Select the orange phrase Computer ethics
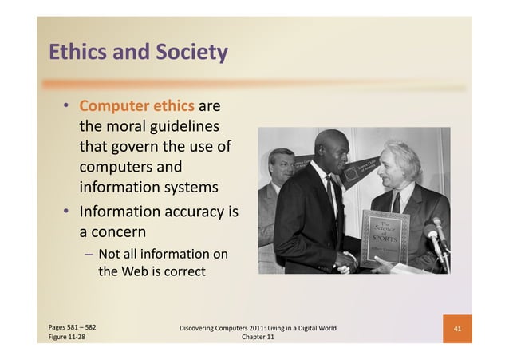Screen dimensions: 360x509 [x=136, y=106]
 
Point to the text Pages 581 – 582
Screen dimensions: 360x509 [x=73, y=326]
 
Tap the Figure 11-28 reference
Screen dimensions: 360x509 [x=67, y=338]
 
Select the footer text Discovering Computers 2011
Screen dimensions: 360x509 [x=231, y=328]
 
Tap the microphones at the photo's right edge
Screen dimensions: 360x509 [x=437, y=235]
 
